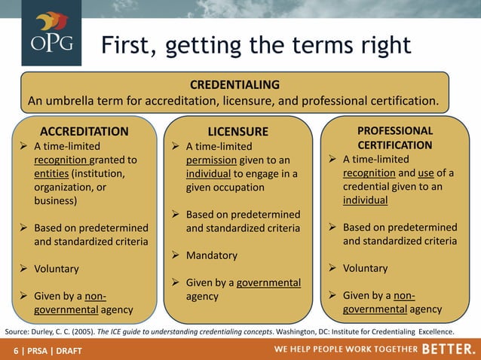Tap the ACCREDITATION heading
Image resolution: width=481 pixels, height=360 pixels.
click(x=84, y=131)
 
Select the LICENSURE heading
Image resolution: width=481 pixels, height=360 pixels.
click(x=237, y=132)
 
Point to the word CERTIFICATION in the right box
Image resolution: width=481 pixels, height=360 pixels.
click(x=394, y=145)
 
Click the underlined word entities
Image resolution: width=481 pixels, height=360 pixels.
click(x=55, y=174)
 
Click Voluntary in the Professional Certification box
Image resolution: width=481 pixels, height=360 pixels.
click(x=366, y=268)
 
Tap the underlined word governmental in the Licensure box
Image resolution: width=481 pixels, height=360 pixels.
click(x=269, y=282)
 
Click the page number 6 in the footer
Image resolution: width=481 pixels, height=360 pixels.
click(x=16, y=351)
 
